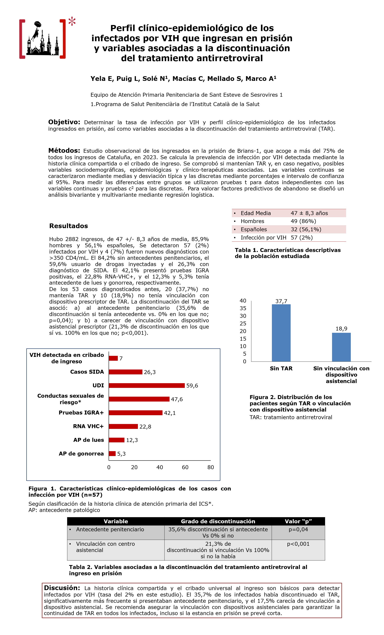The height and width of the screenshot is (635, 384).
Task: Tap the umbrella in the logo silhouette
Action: [x=38, y=24]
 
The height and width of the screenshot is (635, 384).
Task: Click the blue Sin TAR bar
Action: [x=281, y=333]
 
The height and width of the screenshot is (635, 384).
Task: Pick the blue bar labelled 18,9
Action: [x=341, y=347]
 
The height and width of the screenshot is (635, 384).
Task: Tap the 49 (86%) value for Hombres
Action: [x=303, y=221]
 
